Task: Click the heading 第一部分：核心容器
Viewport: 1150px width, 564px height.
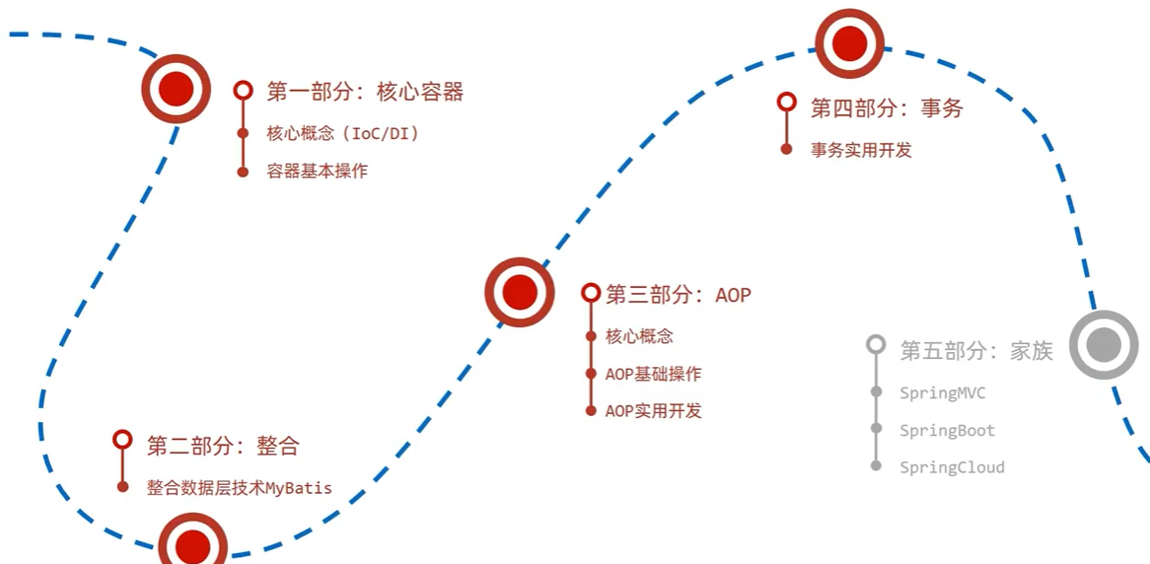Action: point(365,92)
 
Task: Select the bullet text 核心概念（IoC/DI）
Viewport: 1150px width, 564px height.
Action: point(343,133)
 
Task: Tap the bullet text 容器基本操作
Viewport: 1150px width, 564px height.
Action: point(317,171)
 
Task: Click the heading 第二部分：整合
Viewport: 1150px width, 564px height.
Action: point(223,445)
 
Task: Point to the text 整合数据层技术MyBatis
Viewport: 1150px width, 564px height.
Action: point(240,487)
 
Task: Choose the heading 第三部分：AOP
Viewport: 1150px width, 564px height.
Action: point(679,294)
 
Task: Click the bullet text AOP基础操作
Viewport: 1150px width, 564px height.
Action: point(654,374)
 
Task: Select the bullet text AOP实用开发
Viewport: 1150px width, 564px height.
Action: point(654,411)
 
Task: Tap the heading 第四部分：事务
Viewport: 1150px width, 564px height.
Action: point(887,107)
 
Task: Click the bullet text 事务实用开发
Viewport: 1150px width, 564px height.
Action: point(861,150)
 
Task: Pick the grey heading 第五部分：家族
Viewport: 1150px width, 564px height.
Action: point(976,350)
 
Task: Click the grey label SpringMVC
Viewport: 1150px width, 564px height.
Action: point(942,392)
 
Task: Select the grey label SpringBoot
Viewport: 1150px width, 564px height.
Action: point(947,431)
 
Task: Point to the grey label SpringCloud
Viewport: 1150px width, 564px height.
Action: point(952,467)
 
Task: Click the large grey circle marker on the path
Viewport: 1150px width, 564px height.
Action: point(1104,344)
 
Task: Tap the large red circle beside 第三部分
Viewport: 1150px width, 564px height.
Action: point(520,292)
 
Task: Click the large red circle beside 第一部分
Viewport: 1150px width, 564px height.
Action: point(176,89)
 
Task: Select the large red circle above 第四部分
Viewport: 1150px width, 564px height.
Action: point(849,43)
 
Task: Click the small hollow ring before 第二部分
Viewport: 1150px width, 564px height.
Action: point(122,440)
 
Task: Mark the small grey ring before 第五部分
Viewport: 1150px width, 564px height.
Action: point(876,344)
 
